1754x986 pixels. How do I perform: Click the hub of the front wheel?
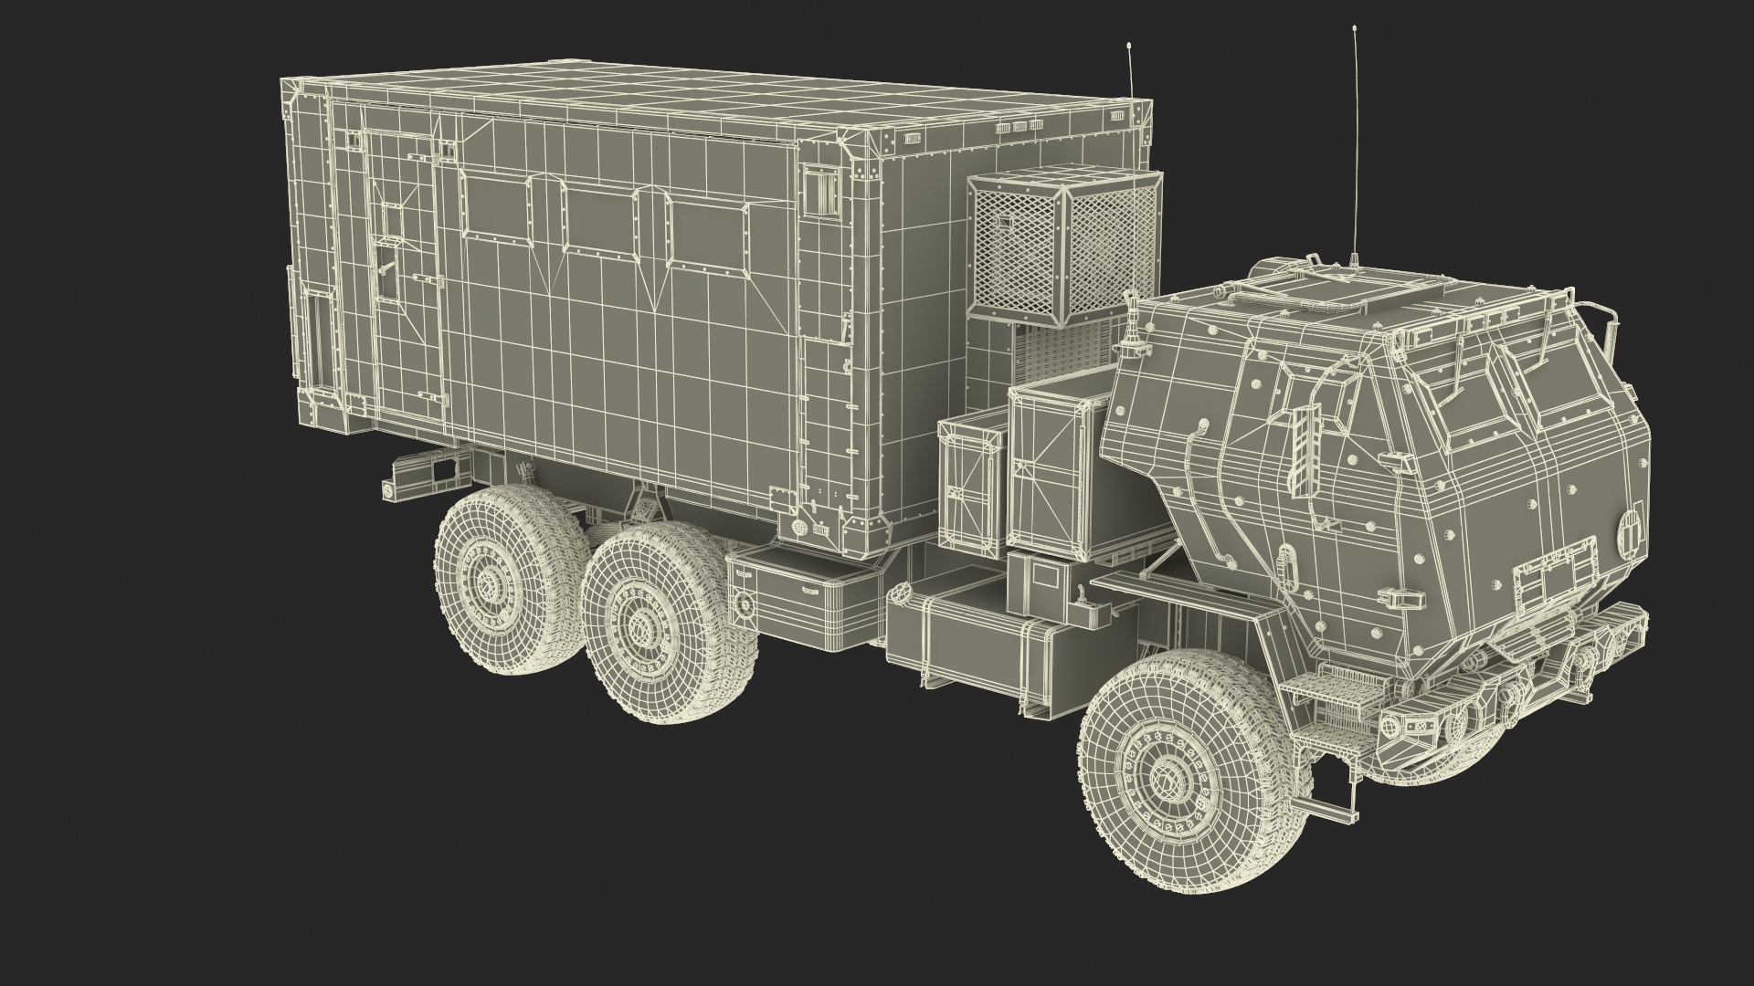(x=1168, y=778)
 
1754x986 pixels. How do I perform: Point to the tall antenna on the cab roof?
(x=1354, y=146)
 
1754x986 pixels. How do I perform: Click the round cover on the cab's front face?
(x=1606, y=531)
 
